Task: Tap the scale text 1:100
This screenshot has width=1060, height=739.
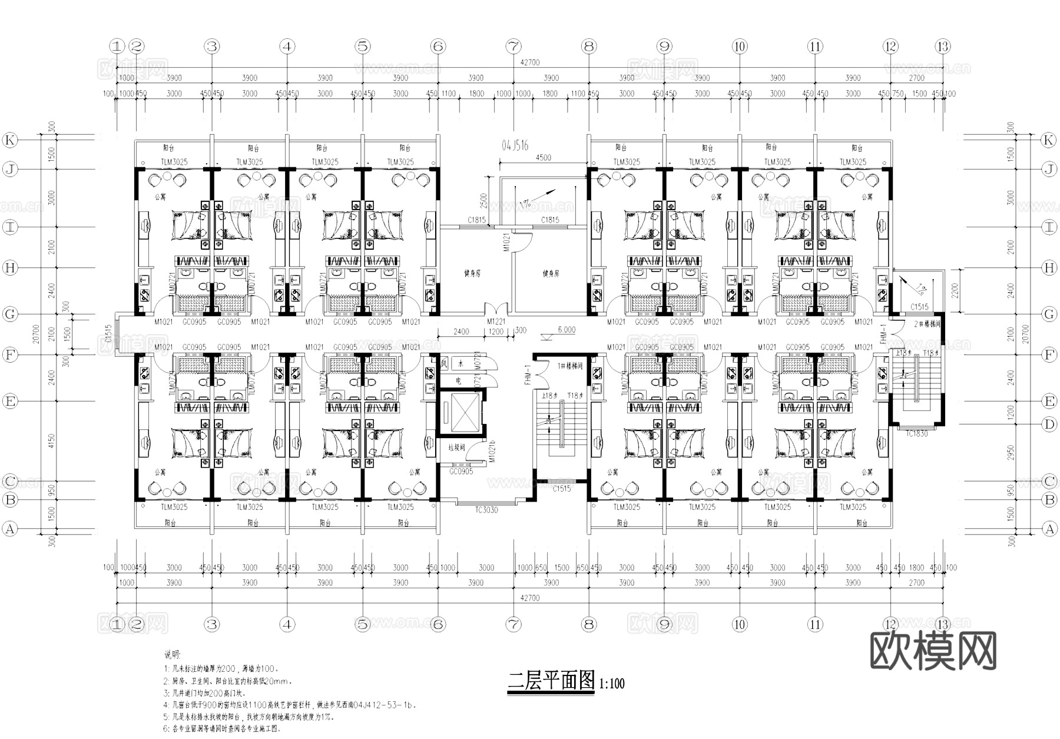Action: tap(612, 684)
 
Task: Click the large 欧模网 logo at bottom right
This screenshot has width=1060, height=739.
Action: tap(933, 651)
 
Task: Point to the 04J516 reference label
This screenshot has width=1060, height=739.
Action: tap(515, 145)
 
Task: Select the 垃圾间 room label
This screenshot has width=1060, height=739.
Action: tap(456, 448)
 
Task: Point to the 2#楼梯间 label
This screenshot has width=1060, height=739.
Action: tap(927, 324)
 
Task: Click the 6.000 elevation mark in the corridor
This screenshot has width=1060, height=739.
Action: tap(566, 330)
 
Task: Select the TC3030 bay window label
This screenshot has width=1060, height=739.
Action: tap(486, 510)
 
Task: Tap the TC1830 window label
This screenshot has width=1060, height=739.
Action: tap(916, 434)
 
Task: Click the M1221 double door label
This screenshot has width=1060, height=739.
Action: tap(496, 322)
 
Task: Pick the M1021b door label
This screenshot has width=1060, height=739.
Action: tap(491, 451)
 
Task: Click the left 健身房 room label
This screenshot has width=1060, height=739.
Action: tap(472, 273)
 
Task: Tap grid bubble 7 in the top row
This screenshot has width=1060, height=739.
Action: tap(514, 46)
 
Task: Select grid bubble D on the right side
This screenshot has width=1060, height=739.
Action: tap(1049, 424)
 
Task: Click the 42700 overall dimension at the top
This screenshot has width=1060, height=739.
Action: tap(529, 62)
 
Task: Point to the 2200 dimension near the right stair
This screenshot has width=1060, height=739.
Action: tap(954, 290)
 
